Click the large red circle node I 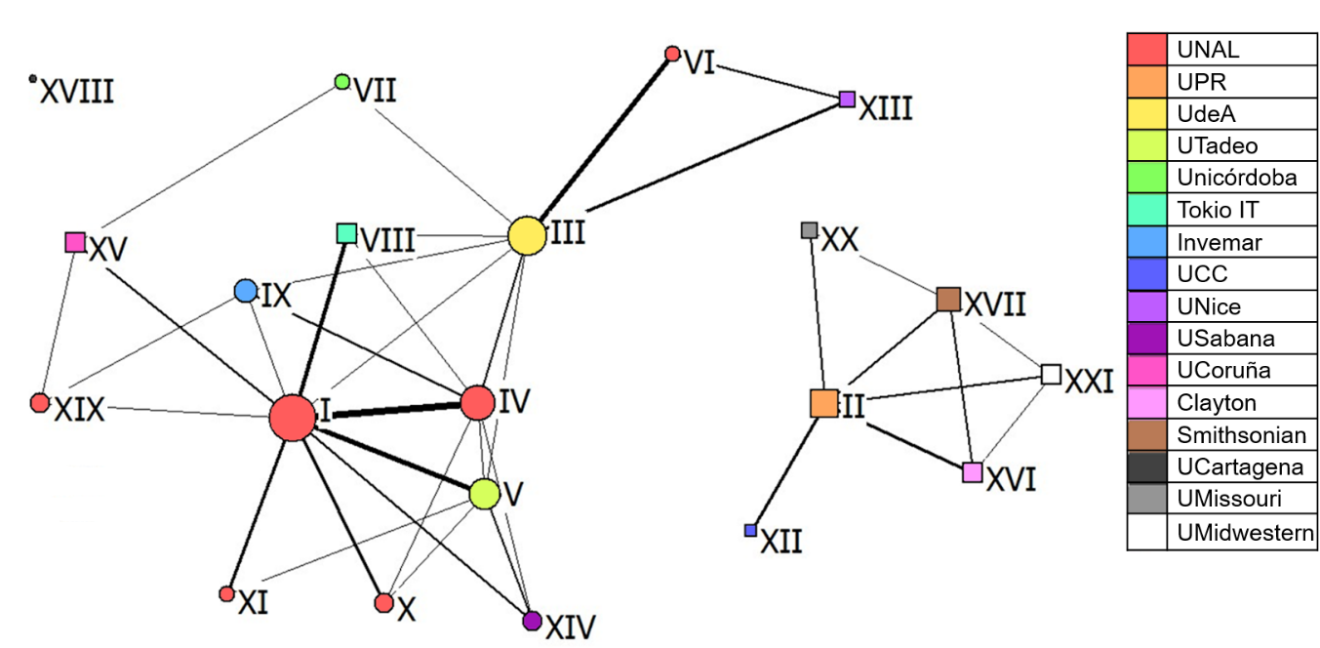click(293, 418)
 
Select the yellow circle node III click(527, 236)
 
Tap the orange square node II click(824, 403)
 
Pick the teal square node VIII click(346, 233)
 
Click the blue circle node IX click(246, 291)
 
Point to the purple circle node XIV click(532, 621)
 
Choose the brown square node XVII click(948, 299)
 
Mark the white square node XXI click(1051, 374)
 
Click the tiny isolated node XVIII click(33, 78)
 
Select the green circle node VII click(342, 81)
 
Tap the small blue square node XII click(750, 530)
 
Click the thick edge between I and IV click(390, 411)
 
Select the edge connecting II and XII click(787, 466)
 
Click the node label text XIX click(79, 410)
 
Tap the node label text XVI click(1012, 480)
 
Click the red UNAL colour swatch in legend click(1147, 50)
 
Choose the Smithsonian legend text click(1241, 435)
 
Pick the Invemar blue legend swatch click(1147, 242)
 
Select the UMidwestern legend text click(1245, 533)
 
